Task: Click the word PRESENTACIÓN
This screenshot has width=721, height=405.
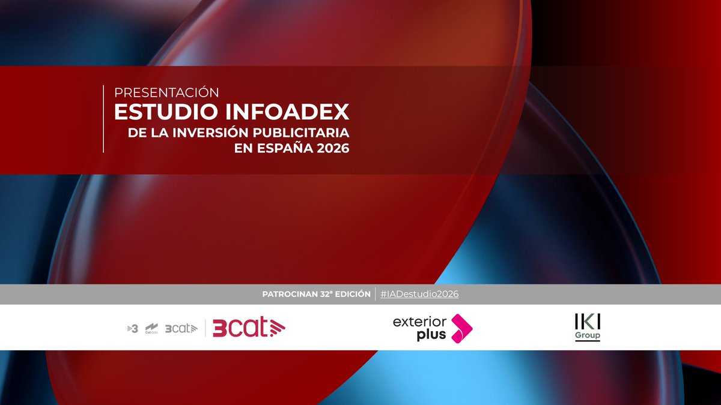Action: coord(166,92)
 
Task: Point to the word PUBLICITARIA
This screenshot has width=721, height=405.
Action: coord(305,132)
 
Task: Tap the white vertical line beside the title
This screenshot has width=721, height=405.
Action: coord(103,119)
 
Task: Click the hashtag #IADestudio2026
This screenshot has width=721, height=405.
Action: coord(419,295)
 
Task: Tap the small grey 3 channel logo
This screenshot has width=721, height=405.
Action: coord(133,328)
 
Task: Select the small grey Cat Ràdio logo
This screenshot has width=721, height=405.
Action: coord(151,328)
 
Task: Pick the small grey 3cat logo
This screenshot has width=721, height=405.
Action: coord(180,328)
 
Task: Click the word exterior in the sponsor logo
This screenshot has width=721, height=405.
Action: coord(419,322)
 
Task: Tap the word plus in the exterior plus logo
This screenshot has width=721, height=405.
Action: coord(431,335)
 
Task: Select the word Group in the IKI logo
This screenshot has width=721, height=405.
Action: coord(587,335)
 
